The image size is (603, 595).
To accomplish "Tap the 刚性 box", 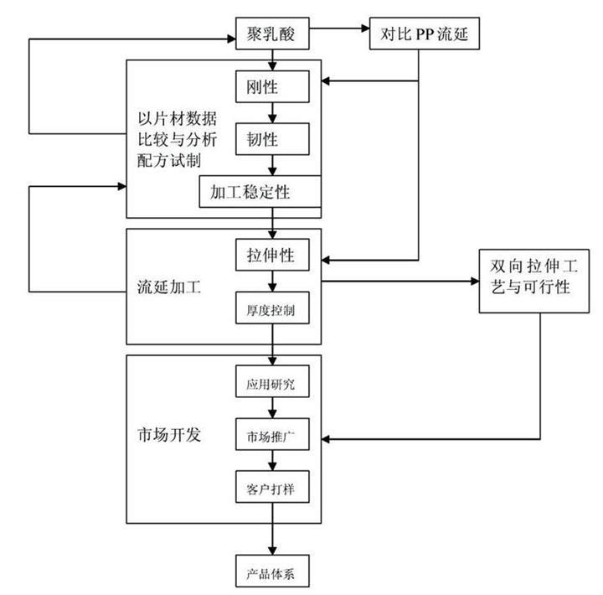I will pyautogui.click(x=273, y=86).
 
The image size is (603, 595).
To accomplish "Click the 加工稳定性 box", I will pyautogui.click(x=260, y=192).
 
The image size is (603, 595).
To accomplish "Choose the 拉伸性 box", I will pyautogui.click(x=273, y=253).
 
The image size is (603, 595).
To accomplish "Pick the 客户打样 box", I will pyautogui.click(x=273, y=486).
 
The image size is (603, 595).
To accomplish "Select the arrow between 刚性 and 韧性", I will pyautogui.click(x=273, y=111).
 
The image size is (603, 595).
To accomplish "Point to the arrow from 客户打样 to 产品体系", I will pyautogui.click(x=273, y=528).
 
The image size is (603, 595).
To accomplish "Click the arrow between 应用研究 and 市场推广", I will pyautogui.click(x=273, y=408).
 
